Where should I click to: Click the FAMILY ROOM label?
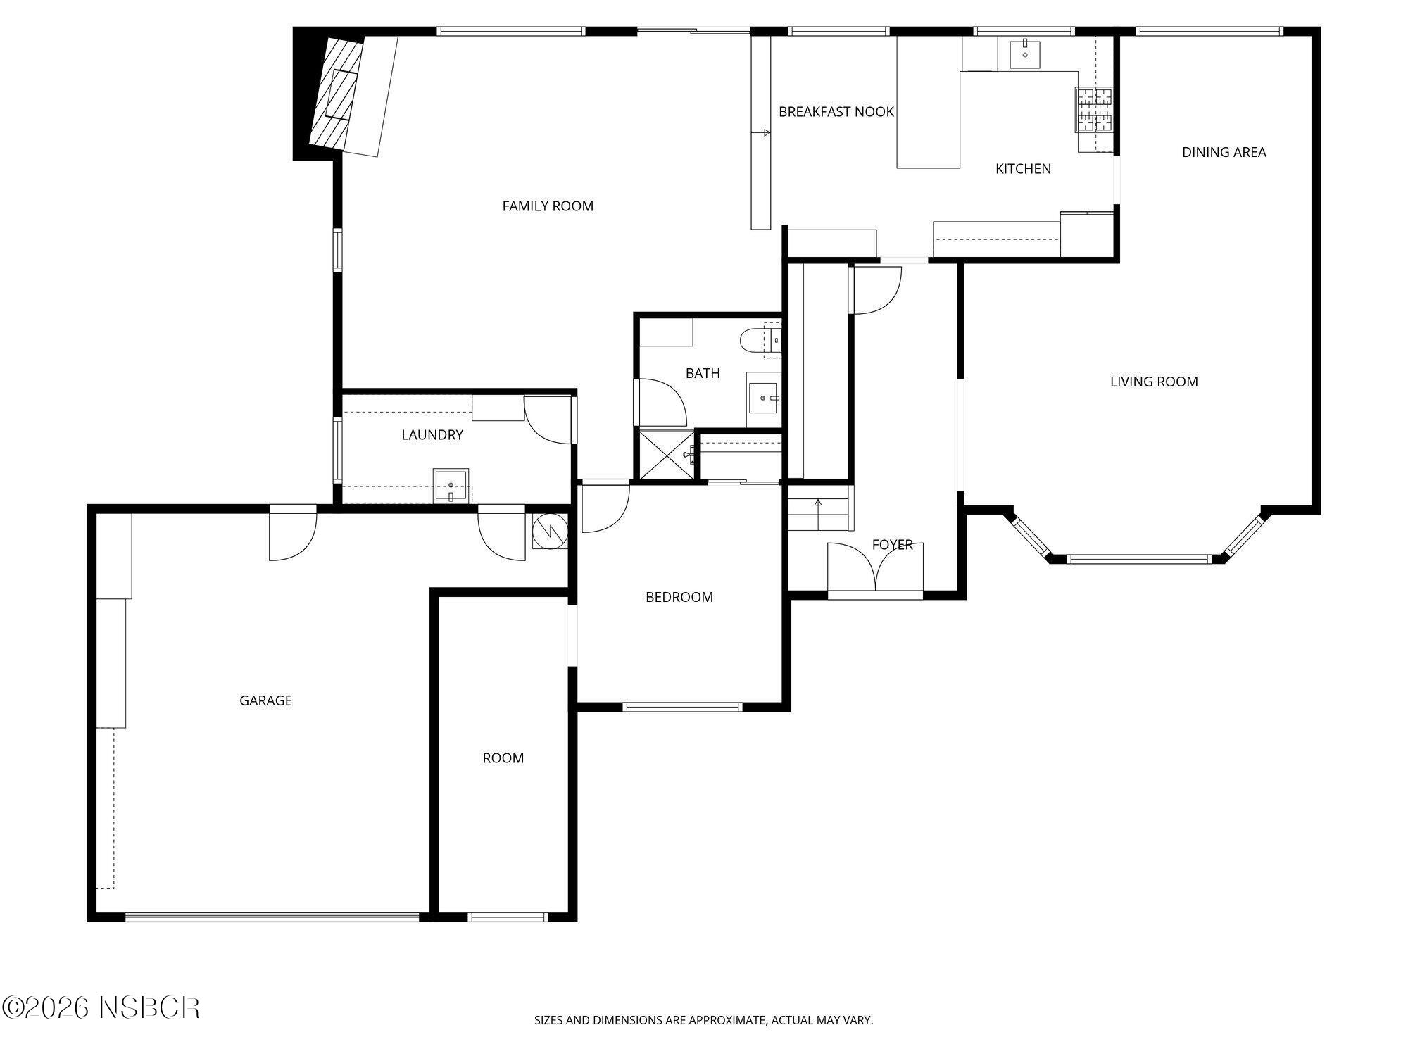(x=548, y=206)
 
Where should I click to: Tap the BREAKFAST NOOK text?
(x=836, y=112)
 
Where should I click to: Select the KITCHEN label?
(x=1023, y=169)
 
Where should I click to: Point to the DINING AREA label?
(x=1224, y=152)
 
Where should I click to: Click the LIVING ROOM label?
(x=1154, y=382)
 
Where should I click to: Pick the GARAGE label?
(x=265, y=700)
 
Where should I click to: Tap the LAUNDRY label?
(x=432, y=435)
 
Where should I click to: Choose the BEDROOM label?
(x=679, y=597)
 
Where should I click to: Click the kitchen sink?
(x=1025, y=54)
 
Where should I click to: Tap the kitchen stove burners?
(x=1094, y=110)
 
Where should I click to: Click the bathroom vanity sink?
(x=763, y=399)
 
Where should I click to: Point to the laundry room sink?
(x=451, y=486)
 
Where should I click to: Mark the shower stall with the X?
(x=666, y=455)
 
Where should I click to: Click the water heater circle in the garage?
(x=550, y=532)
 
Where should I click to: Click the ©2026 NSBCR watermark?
(x=101, y=1007)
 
